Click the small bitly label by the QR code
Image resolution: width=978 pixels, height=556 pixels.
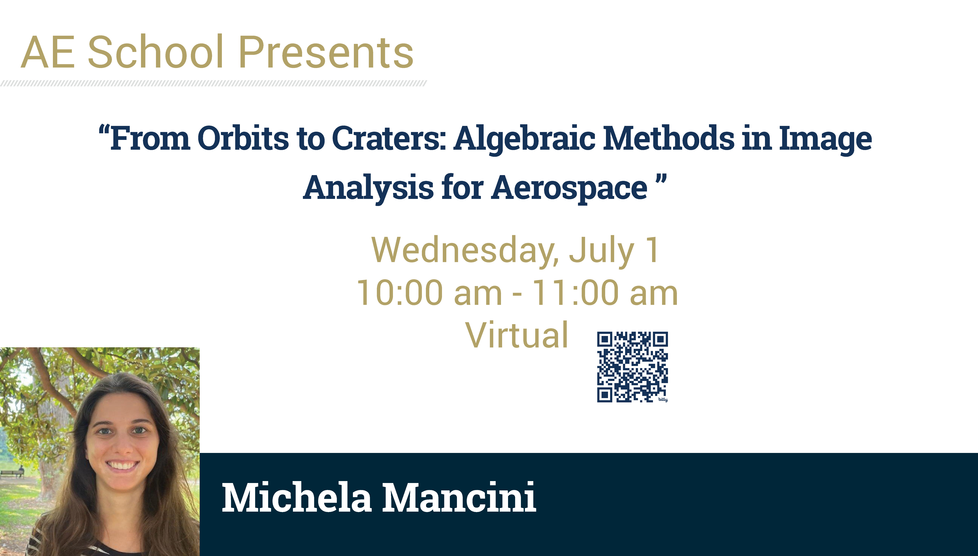[663, 399]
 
